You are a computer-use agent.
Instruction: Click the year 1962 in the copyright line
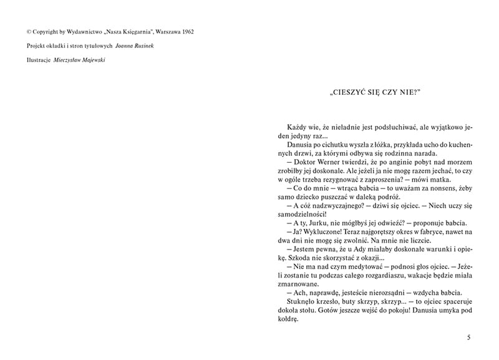point(185,31)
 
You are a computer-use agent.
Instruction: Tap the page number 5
point(468,338)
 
